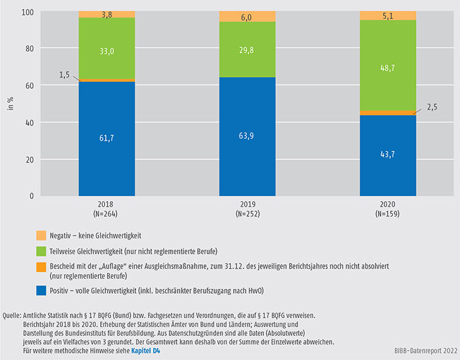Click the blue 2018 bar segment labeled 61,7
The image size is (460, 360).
[107, 139]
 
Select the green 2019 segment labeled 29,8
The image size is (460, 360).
[247, 49]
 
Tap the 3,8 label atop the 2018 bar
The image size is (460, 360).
[107, 13]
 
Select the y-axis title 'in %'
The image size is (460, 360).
[11, 103]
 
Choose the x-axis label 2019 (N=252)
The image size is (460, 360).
[247, 209]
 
